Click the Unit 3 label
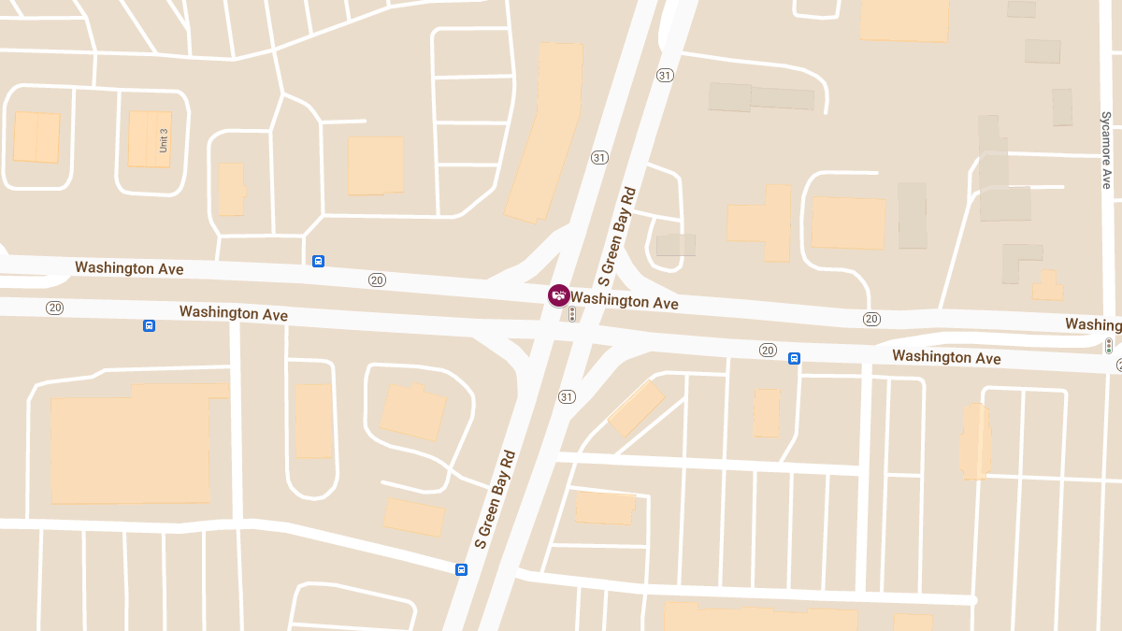[x=163, y=140]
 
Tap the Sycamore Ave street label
[x=1106, y=150]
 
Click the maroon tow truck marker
[x=558, y=295]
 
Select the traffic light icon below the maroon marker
[x=572, y=315]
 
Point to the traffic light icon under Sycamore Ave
[x=1109, y=345]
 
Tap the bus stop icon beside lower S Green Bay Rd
[x=461, y=569]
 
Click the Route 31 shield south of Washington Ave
[x=567, y=397]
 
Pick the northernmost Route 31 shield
[x=665, y=76]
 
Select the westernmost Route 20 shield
[x=55, y=308]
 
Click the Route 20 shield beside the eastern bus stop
[x=768, y=351]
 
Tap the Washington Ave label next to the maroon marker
[x=625, y=301]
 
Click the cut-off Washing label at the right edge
[x=1093, y=324]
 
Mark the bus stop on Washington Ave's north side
[x=318, y=261]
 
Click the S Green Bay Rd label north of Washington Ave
[x=617, y=236]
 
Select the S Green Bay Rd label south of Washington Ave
[x=495, y=499]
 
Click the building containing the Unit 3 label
[x=150, y=139]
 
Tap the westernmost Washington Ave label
[x=129, y=268]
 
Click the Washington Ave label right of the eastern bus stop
[x=946, y=357]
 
